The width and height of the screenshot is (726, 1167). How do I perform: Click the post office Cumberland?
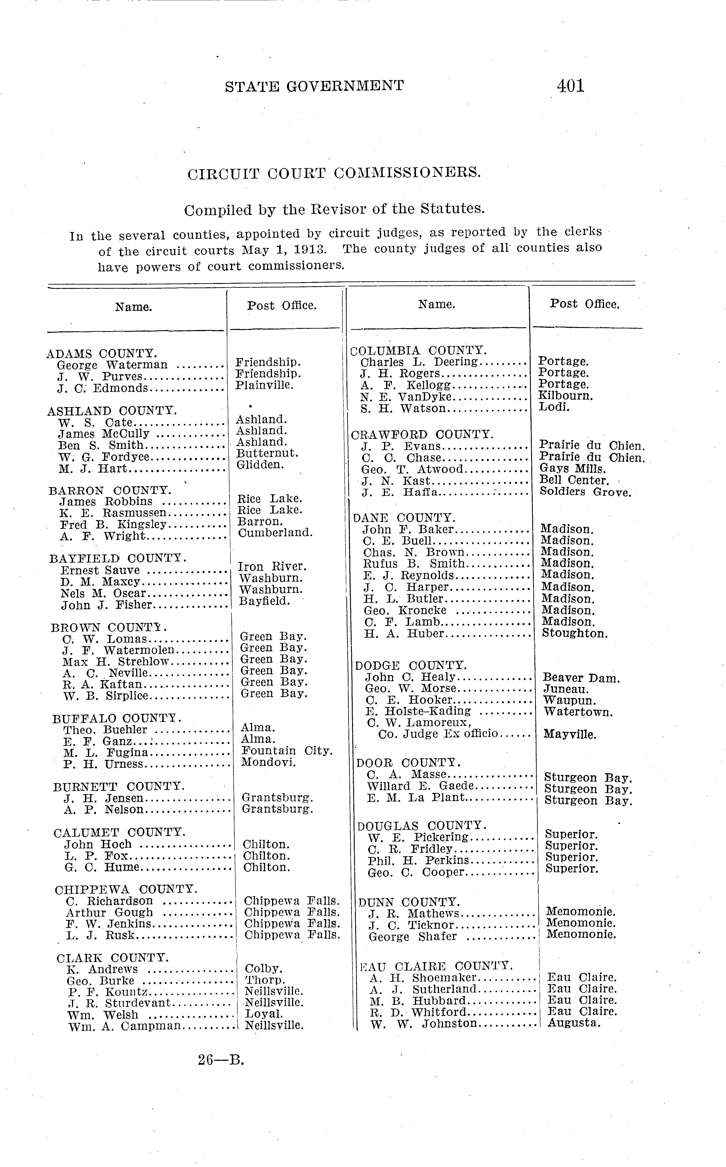pos(275,533)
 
